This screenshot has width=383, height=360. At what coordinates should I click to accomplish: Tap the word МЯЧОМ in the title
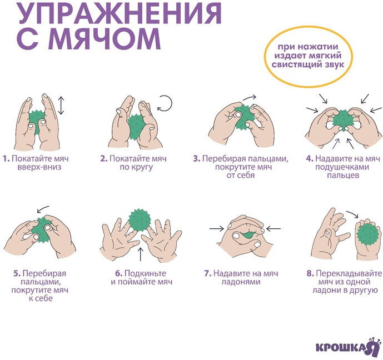pyautogui.click(x=107, y=39)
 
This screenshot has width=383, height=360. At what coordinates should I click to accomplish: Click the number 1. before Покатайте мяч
pyautogui.click(x=6, y=159)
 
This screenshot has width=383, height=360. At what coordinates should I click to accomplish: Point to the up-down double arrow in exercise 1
pyautogui.click(x=61, y=106)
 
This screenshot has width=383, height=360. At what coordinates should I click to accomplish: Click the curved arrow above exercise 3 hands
pyautogui.click(x=250, y=97)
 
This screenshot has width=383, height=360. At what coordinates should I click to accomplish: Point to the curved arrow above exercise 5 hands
pyautogui.click(x=43, y=209)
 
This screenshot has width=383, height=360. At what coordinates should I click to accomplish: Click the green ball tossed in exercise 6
pyautogui.click(x=140, y=220)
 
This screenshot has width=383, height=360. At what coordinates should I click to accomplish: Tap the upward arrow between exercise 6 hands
pyautogui.click(x=141, y=254)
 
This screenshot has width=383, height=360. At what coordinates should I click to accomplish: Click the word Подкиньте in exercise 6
pyautogui.click(x=145, y=273)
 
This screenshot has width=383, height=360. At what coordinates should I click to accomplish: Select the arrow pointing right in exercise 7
pyautogui.click(x=217, y=229)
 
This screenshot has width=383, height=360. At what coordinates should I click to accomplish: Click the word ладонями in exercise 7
pyautogui.click(x=241, y=282)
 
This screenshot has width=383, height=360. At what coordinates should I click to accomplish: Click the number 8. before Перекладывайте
pyautogui.click(x=310, y=273)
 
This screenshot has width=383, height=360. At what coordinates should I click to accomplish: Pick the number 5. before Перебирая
pyautogui.click(x=17, y=273)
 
